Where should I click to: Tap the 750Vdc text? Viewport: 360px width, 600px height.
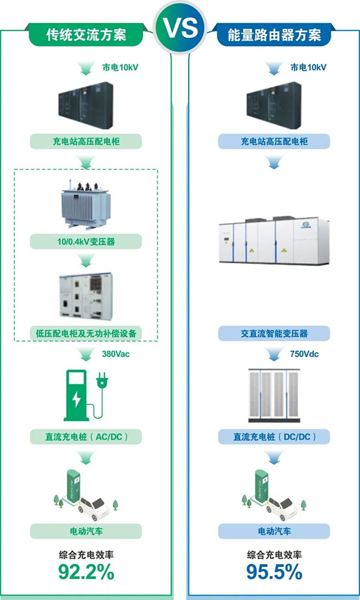pos(304,354)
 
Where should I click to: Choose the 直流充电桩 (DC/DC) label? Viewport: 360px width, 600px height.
pos(273,436)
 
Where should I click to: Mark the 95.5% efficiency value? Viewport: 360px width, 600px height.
pos(274,572)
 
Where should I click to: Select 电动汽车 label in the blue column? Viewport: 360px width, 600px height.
pos(273,531)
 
